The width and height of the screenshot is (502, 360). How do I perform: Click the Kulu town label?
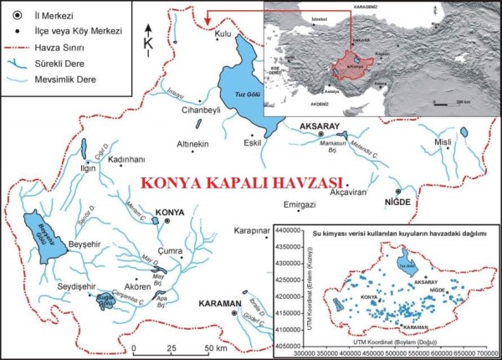pyautogui.click(x=222, y=33)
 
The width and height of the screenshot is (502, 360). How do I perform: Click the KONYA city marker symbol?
pyautogui.click(x=167, y=213)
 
